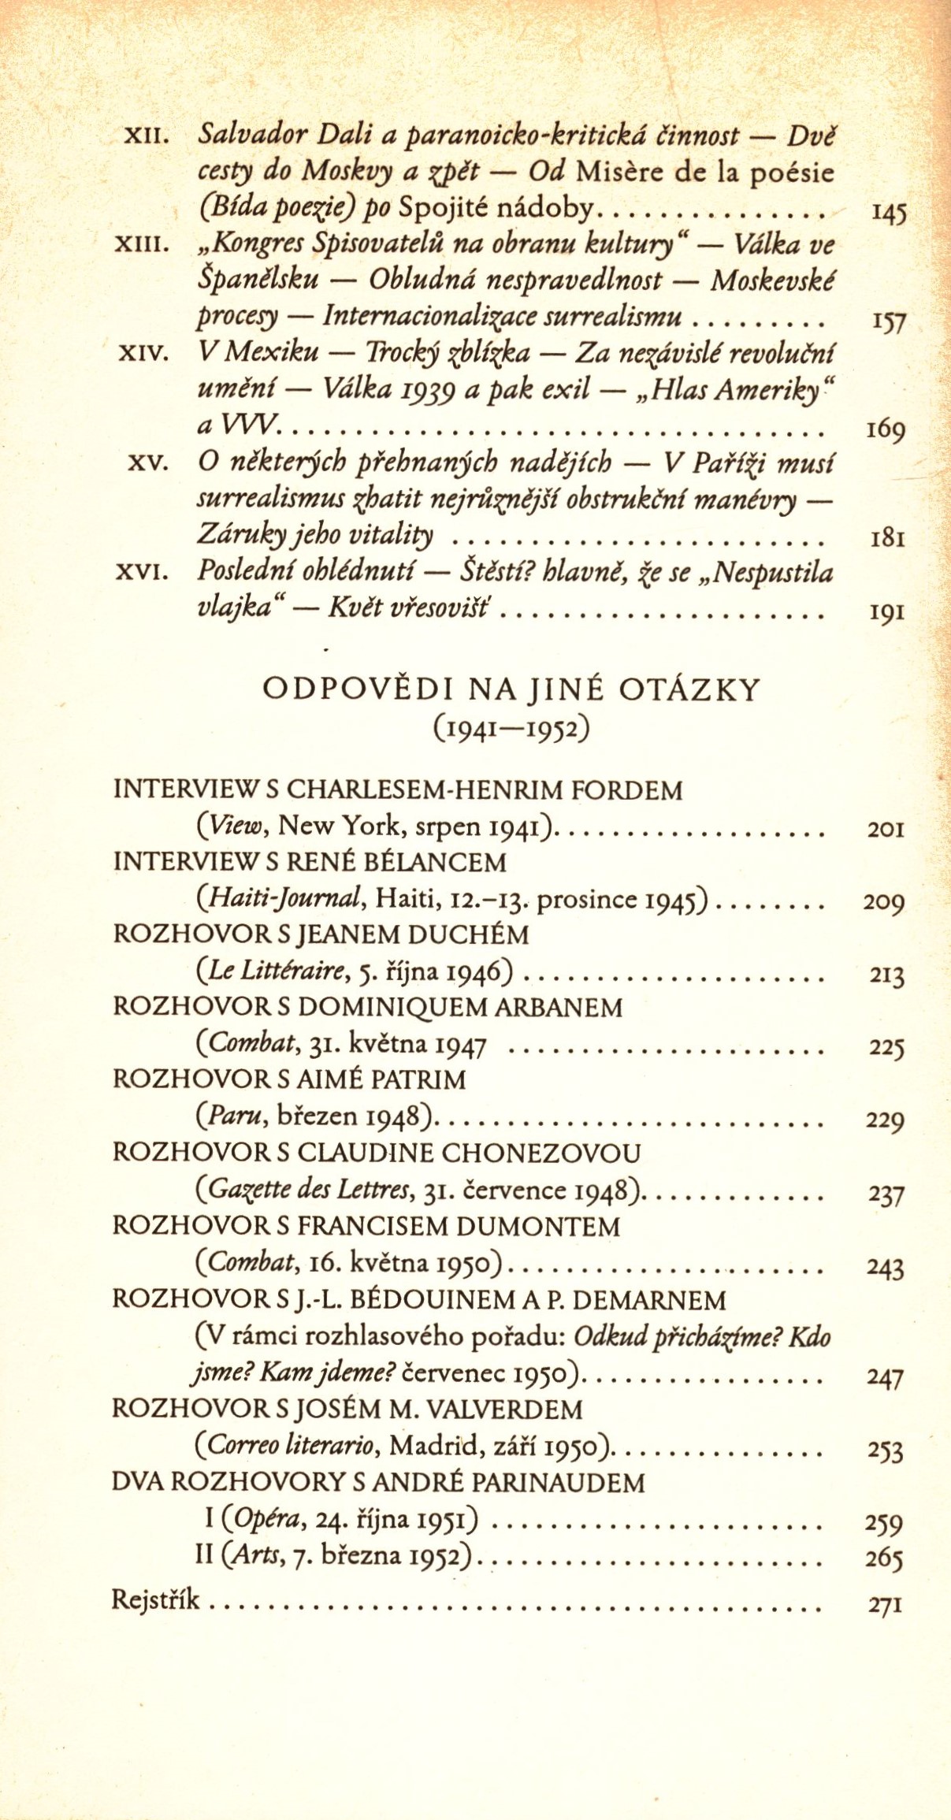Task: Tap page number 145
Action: tap(888, 213)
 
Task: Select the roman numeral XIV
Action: tap(144, 355)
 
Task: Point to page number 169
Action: tap(886, 430)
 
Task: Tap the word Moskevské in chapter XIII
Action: tap(772, 280)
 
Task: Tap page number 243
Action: tap(885, 1267)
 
